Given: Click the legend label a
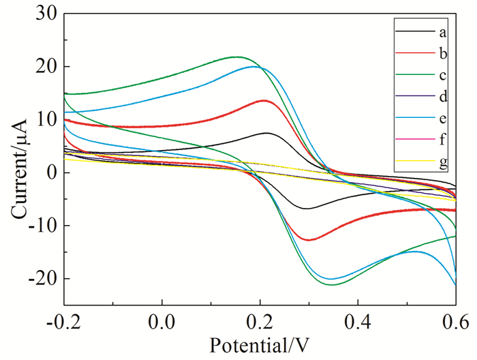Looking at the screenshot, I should click(x=443, y=32).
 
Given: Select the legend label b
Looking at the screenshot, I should click(x=443, y=52).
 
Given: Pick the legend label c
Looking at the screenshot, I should click(x=443, y=74).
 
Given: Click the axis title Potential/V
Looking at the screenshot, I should click(x=259, y=346).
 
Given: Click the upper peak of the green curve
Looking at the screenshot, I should click(x=237, y=57).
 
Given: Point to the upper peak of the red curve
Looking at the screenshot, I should click(x=264, y=100).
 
